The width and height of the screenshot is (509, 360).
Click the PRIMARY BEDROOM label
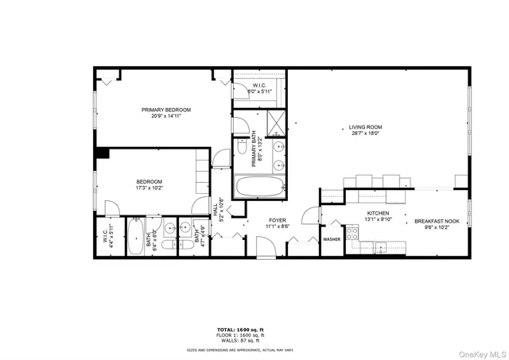click(166, 110)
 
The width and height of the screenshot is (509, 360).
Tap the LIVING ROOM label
click(365, 126)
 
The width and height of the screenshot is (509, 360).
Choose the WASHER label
click(332, 238)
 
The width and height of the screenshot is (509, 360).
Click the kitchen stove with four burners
click(352, 234)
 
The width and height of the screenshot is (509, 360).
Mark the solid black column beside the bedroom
click(103, 153)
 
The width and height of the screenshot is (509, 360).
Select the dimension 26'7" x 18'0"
click(365, 134)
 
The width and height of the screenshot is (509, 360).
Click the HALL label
click(215, 209)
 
